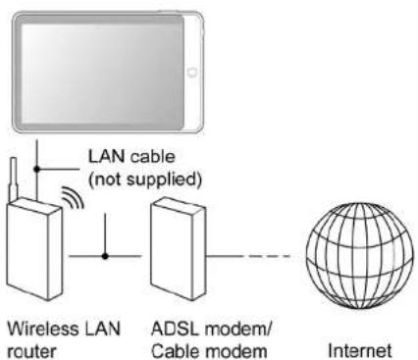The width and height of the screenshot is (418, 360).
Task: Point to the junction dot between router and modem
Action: tap(104, 259)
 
